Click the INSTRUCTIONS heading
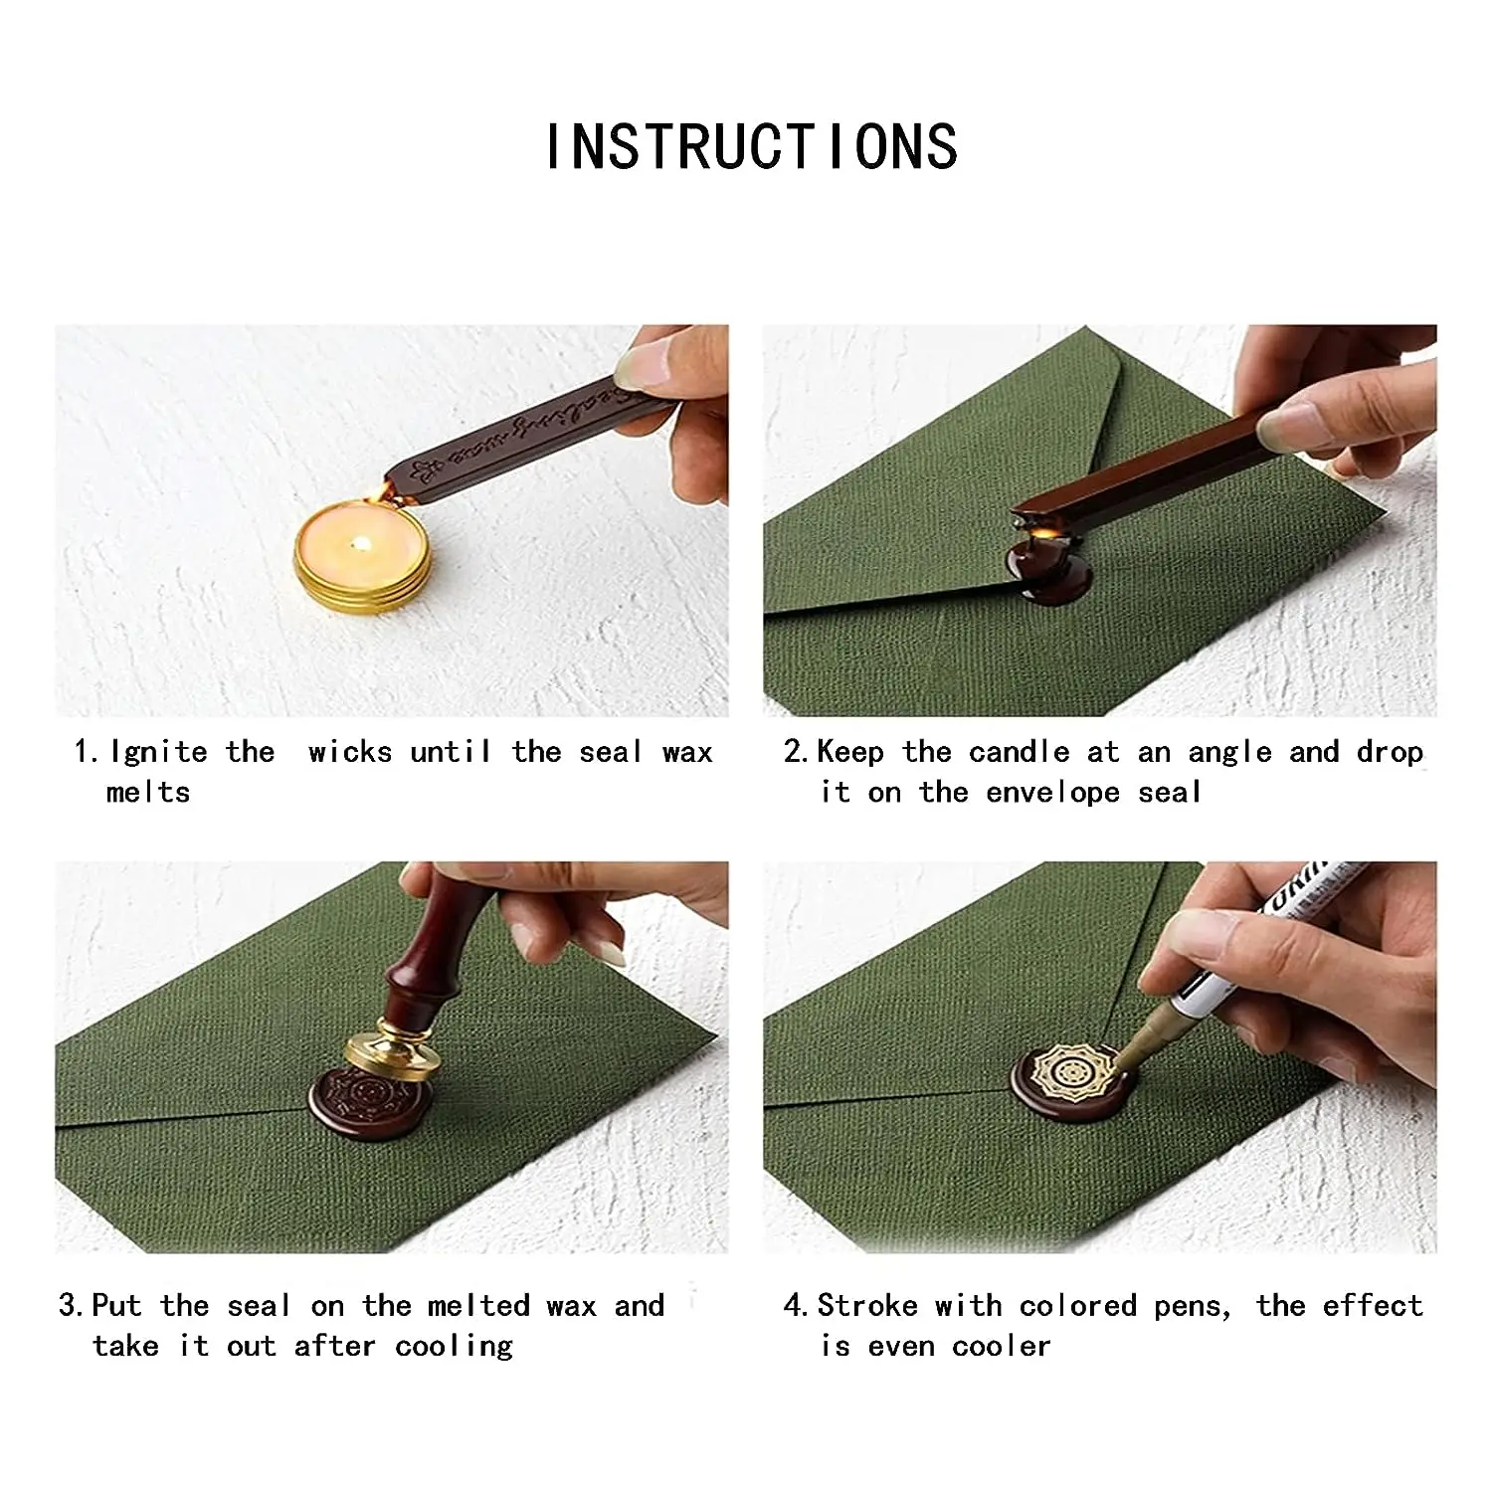click(751, 147)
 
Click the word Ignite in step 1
click(158, 751)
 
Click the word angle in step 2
click(1229, 751)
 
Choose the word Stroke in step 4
click(866, 1305)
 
